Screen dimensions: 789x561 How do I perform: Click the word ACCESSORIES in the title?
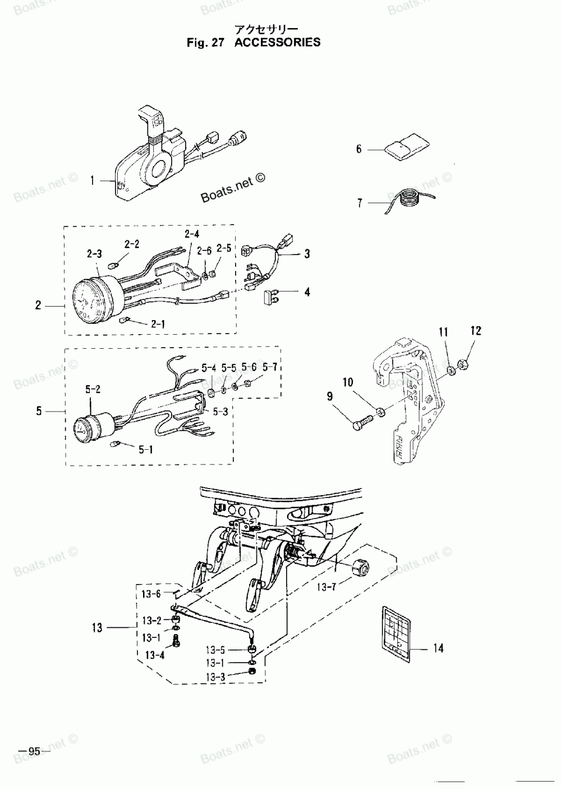coord(277,42)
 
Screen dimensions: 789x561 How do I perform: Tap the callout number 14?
coord(438,648)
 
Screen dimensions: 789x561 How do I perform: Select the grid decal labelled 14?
coord(396,628)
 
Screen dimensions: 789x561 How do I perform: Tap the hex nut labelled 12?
coord(463,364)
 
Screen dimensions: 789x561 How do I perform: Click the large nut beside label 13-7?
coord(358,568)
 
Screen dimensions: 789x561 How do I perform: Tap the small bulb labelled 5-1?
coord(117,444)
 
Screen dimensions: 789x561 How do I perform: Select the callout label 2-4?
coord(192,234)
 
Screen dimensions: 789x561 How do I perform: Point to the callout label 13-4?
coord(154,655)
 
